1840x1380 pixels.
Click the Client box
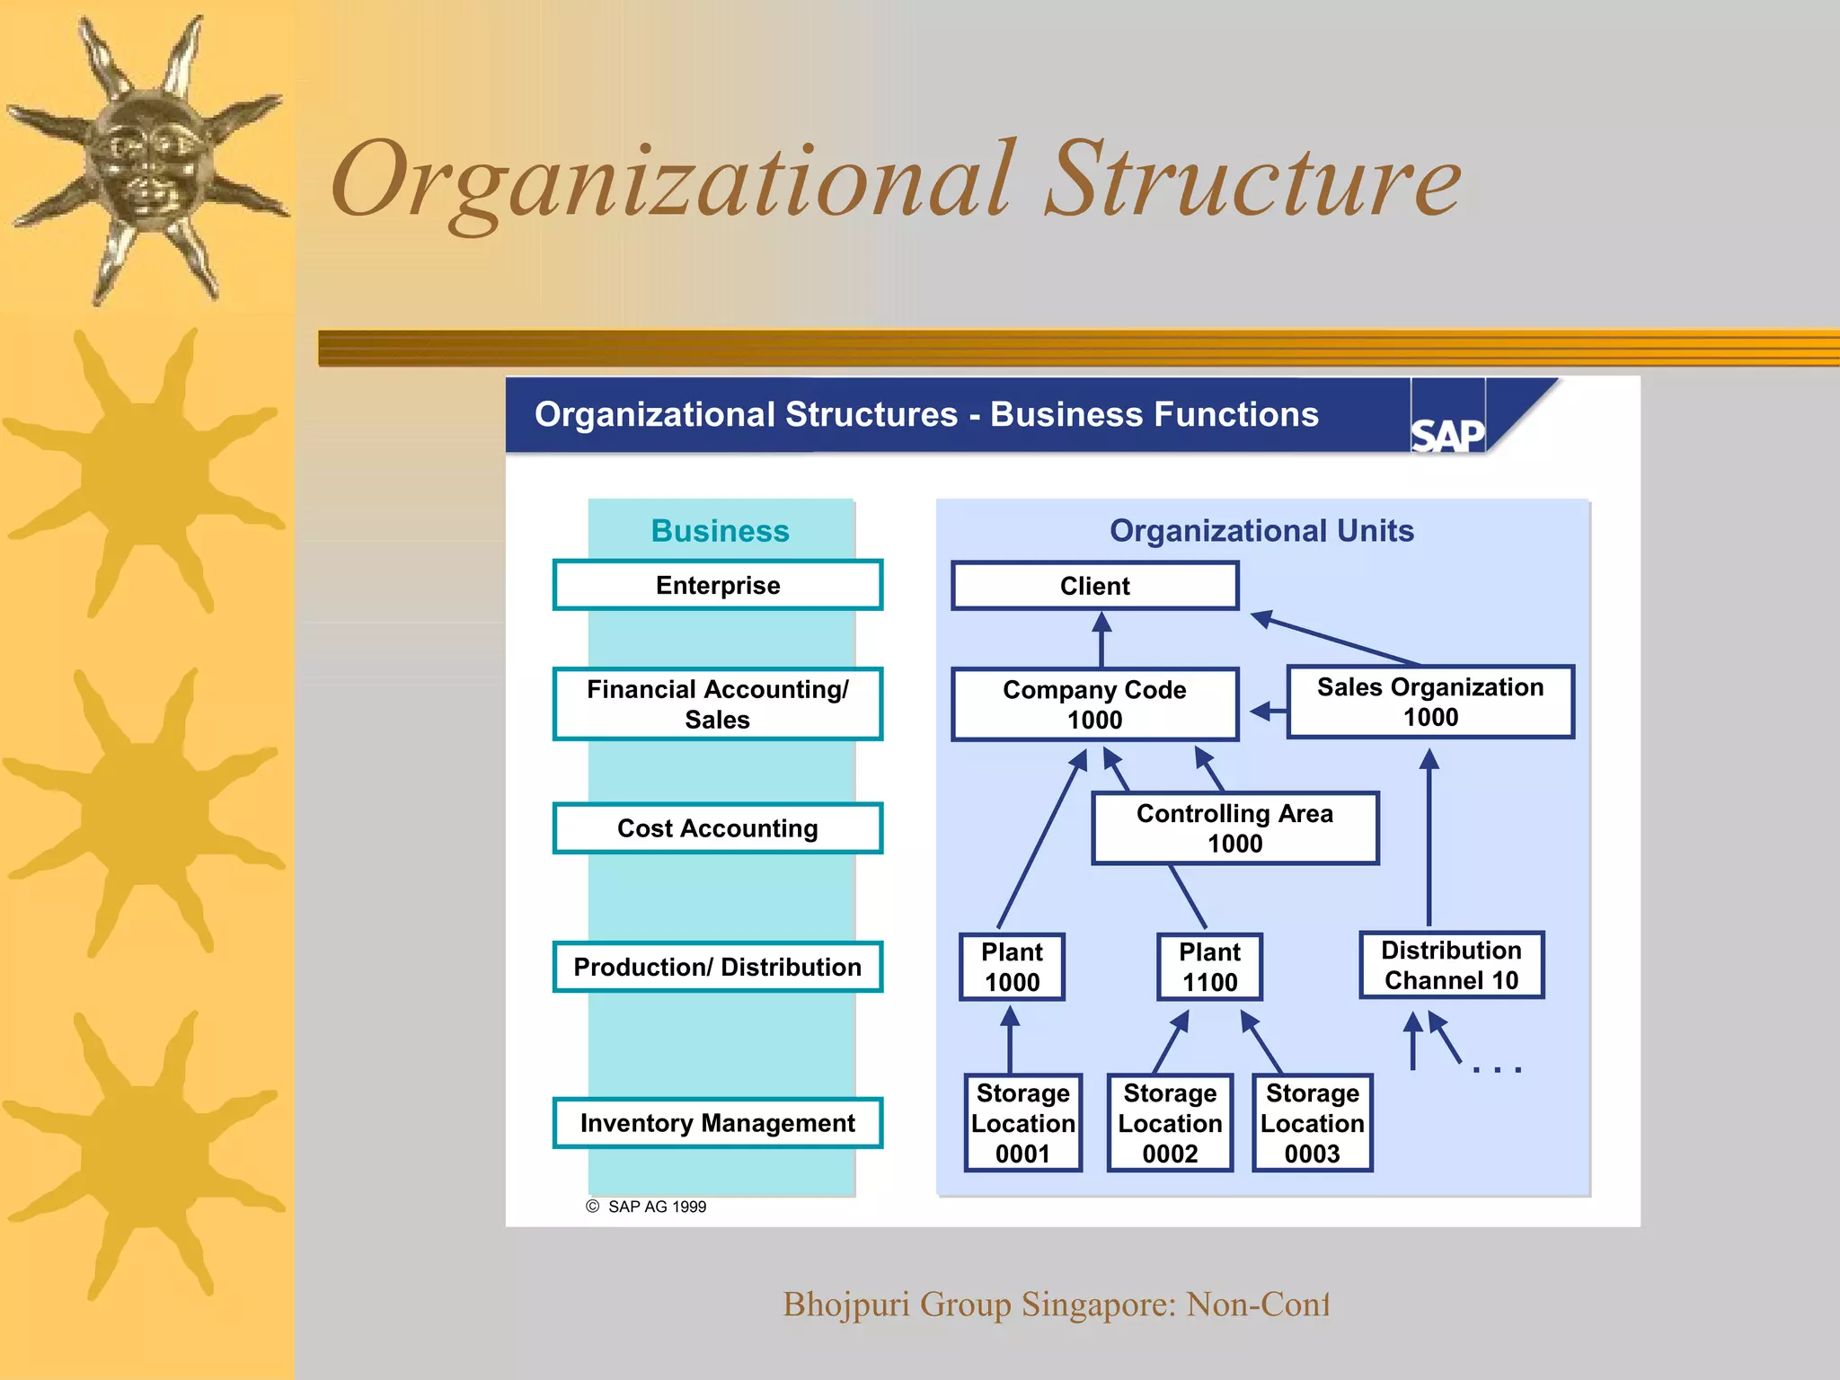click(1094, 586)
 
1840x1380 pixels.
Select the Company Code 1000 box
click(1094, 704)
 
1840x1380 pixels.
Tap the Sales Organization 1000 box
click(1430, 702)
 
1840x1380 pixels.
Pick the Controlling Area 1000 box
click(1234, 828)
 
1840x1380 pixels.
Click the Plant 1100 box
click(1209, 967)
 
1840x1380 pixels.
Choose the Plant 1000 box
click(1012, 967)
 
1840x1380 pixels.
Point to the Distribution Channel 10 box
click(1451, 965)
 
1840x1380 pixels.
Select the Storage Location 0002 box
click(1170, 1123)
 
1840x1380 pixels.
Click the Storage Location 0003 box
click(1312, 1123)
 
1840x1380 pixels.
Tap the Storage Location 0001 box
click(1022, 1123)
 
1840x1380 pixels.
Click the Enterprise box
click(718, 585)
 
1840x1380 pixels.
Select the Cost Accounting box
click(718, 828)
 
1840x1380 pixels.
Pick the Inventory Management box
click(718, 1123)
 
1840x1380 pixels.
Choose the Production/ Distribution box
click(718, 967)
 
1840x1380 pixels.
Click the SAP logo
click(1446, 434)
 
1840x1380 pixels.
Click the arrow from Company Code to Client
click(1101, 639)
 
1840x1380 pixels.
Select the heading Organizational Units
click(1261, 531)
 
